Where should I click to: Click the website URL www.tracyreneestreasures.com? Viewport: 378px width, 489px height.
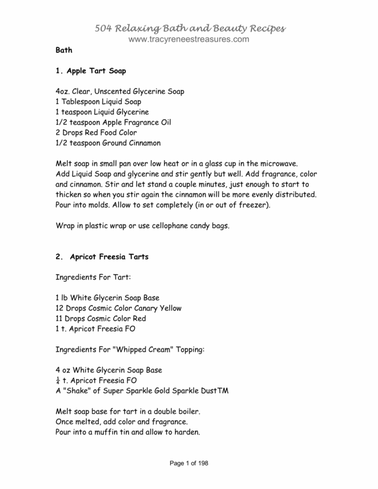189,39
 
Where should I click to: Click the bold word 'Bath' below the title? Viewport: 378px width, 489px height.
64,49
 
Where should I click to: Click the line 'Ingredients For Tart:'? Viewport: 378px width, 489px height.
93,277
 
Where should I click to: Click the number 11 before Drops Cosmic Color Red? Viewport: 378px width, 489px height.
60,318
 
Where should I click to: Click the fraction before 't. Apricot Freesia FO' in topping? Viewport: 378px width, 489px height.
59,381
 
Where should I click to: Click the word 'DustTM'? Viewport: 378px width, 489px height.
213,391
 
